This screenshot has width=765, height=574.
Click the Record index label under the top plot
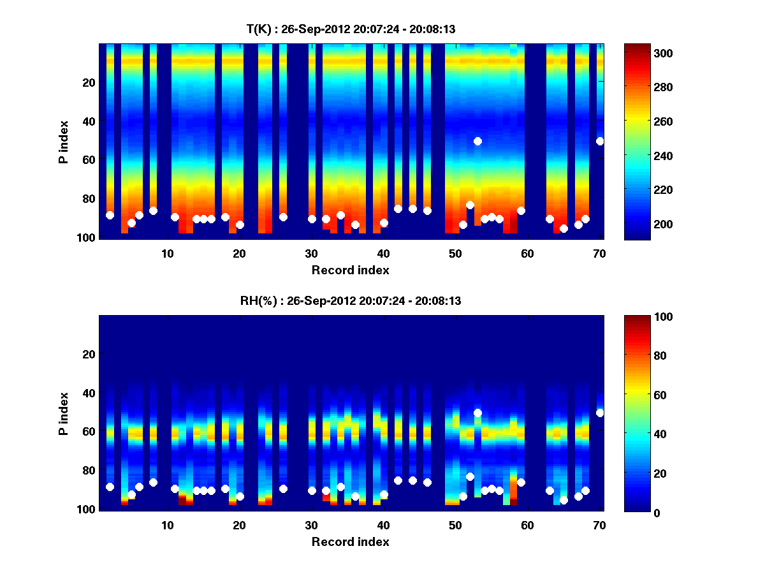[x=350, y=270]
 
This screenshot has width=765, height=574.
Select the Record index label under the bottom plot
[x=350, y=541]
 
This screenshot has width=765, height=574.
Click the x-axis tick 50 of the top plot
[x=455, y=253]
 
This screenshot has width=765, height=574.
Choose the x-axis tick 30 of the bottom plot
[x=311, y=525]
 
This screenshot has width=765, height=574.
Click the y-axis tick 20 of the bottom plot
[x=89, y=354]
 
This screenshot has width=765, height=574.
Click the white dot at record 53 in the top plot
[x=477, y=141]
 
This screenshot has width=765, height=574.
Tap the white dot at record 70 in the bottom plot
[x=600, y=413]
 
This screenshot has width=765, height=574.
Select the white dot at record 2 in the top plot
[x=110, y=215]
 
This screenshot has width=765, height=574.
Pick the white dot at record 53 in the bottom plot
[x=477, y=413]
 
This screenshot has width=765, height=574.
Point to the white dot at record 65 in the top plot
[x=564, y=228]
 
